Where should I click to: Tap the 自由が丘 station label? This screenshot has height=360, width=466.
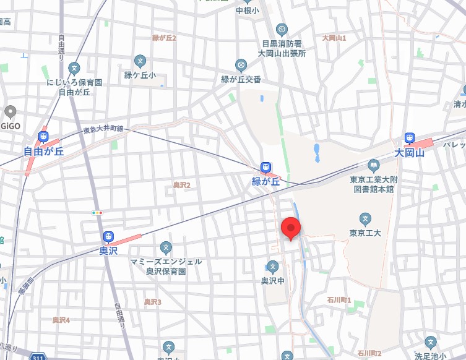pyautogui.click(x=44, y=151)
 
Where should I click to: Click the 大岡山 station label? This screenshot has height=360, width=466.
pyautogui.click(x=410, y=152)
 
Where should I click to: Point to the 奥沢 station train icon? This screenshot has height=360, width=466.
pyautogui.click(x=108, y=237)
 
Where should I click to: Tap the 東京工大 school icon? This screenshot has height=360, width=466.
pyautogui.click(x=365, y=218)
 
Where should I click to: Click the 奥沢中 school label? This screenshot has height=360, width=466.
pyautogui.click(x=273, y=280)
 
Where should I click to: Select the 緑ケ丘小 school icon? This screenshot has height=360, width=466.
pyautogui.click(x=140, y=61)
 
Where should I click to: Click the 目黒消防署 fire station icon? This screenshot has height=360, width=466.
pyautogui.click(x=282, y=29)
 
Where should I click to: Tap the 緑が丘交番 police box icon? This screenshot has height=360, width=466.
pyautogui.click(x=241, y=65)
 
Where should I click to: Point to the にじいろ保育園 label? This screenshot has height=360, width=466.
pyautogui.click(x=74, y=82)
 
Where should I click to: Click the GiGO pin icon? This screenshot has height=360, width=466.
pyautogui.click(x=9, y=112)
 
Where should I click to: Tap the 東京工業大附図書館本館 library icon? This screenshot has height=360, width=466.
pyautogui.click(x=373, y=165)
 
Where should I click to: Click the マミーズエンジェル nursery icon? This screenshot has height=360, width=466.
pyautogui.click(x=166, y=247)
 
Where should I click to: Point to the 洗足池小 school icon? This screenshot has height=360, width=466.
pyautogui.click(x=431, y=341)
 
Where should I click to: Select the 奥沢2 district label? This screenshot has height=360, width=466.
pyautogui.click(x=181, y=185)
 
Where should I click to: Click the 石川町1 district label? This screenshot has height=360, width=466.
pyautogui.click(x=339, y=300)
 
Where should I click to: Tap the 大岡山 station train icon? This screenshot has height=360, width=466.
pyautogui.click(x=410, y=138)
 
